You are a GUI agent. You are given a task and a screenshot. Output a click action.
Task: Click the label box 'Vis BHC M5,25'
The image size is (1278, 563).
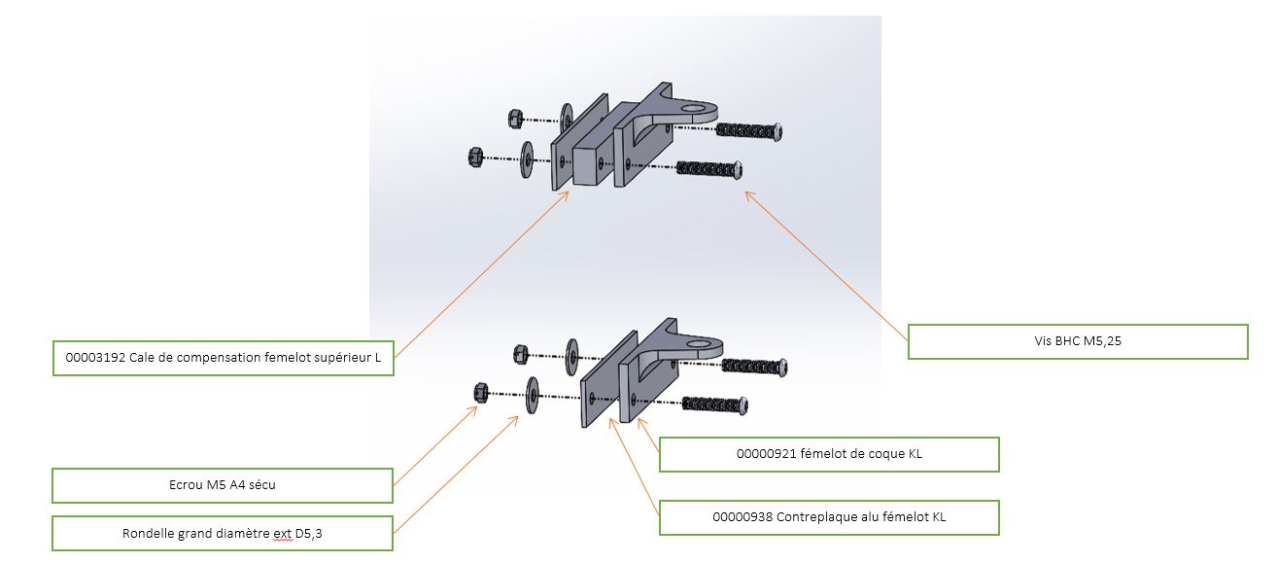coord(1078,341)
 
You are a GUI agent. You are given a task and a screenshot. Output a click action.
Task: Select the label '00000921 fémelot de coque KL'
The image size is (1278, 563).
coord(829,454)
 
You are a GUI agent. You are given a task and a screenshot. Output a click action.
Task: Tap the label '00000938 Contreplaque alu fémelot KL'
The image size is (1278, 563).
coord(829,517)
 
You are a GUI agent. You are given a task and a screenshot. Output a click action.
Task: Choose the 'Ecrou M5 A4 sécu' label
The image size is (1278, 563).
coord(223,485)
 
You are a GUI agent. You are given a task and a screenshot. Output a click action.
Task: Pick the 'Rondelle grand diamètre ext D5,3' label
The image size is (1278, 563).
coord(223,534)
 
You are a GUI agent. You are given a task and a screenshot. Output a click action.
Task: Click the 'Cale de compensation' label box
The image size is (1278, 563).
coord(223,358)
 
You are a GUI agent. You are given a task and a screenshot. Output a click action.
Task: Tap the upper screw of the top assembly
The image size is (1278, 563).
coord(749,130)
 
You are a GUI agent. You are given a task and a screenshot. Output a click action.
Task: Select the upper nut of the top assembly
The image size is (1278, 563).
coord(514,119)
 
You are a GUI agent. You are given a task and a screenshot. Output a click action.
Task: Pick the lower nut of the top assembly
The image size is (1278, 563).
coord(476,157)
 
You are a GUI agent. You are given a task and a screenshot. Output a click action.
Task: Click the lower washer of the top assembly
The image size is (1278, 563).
coord(527,158)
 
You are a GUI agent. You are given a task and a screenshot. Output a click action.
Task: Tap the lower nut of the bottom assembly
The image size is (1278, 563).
coord(479,392)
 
